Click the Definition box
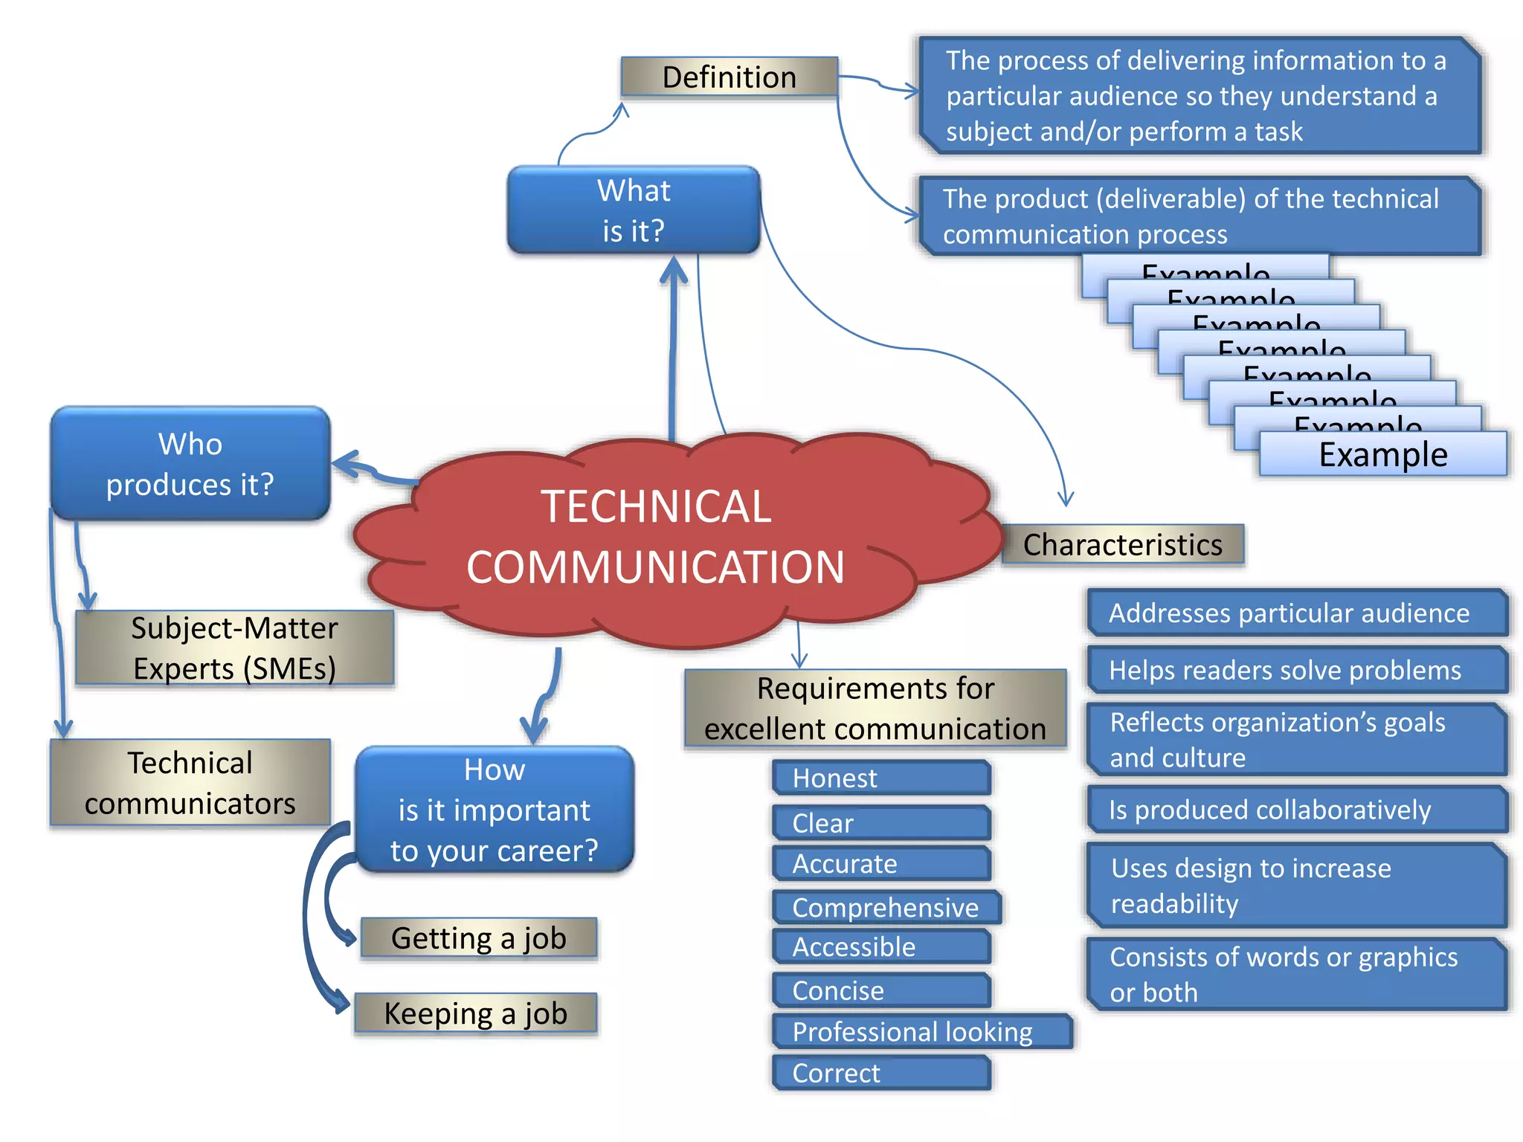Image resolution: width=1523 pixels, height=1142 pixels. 729,77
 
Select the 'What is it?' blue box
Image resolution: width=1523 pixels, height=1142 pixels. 634,210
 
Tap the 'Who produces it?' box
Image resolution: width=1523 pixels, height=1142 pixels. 190,464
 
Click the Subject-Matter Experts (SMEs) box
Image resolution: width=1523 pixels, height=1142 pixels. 234,648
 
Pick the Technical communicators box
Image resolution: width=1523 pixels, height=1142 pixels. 190,783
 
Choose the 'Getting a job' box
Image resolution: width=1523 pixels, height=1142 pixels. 478,938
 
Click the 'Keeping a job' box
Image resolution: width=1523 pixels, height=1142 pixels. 476,1013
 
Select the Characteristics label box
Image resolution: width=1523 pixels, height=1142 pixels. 1122,545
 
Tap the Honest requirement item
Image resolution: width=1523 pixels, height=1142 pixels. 881,778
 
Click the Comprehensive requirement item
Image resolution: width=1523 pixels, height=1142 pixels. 886,908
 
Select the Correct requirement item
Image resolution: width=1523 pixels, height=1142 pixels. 881,1073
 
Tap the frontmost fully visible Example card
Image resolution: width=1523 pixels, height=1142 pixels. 1383,455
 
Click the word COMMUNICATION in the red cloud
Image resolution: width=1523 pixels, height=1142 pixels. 655,567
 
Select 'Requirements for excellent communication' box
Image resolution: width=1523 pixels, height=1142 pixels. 875,709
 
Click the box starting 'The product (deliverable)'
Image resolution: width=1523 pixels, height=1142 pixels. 1199,216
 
